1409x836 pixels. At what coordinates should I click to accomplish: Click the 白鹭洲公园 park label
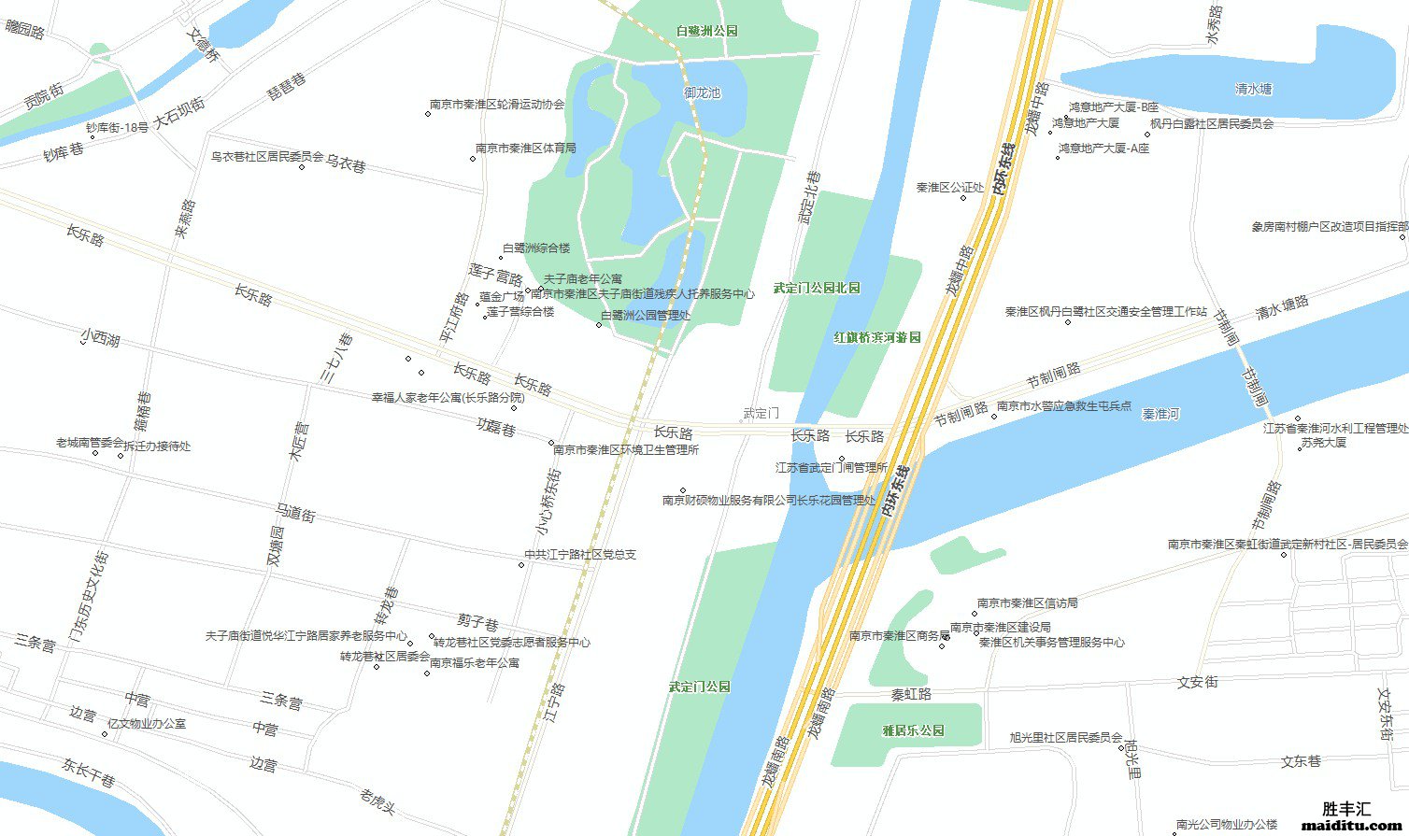point(706,31)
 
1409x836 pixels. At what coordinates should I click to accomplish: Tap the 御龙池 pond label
point(702,93)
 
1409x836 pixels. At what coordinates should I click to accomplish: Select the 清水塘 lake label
point(1253,90)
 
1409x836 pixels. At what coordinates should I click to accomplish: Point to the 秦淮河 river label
point(1160,414)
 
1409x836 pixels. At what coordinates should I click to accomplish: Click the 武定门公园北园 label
point(816,288)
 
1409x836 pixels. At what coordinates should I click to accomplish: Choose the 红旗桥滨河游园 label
point(877,337)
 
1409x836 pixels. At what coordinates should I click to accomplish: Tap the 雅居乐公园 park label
point(913,730)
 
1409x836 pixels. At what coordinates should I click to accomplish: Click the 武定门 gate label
point(761,413)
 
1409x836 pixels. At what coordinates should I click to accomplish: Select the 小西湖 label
point(100,337)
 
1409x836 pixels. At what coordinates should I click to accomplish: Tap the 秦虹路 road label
point(911,695)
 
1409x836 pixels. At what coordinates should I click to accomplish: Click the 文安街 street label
point(1197,683)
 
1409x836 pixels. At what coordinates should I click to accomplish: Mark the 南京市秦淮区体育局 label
point(525,148)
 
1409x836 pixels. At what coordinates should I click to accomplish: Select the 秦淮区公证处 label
point(949,188)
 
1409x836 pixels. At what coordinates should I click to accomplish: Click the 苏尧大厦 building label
point(1323,442)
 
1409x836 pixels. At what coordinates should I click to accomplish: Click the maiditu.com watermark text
point(1338,826)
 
